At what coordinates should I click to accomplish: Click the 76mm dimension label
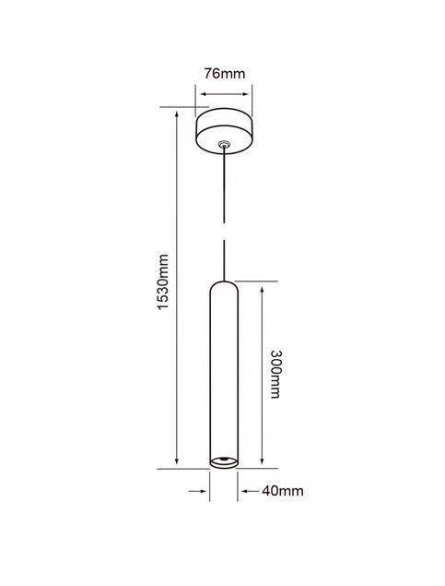[225, 74]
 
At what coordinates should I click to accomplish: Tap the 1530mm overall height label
[163, 281]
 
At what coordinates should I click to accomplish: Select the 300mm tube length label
[276, 374]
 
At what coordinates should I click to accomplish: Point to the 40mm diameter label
[283, 491]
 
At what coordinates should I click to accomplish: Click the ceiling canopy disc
[224, 131]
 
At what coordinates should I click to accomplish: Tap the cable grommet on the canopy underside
[224, 144]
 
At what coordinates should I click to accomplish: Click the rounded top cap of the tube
[224, 287]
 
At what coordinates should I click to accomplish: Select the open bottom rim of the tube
[224, 462]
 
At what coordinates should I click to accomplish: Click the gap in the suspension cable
[224, 232]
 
